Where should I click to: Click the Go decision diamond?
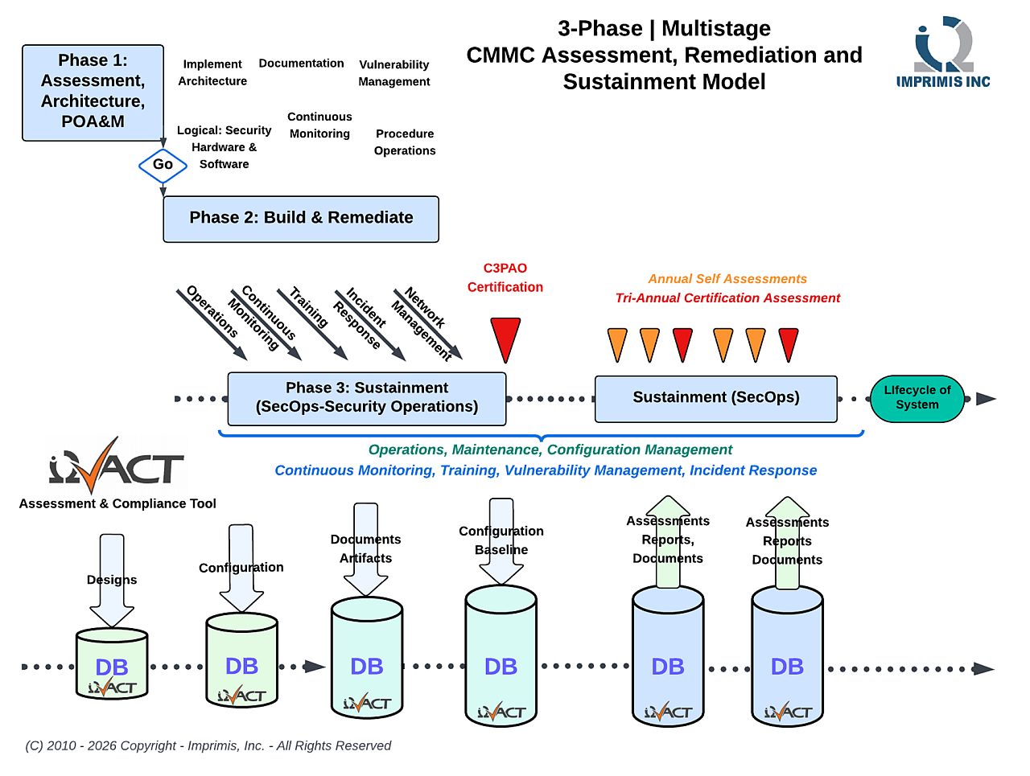pos(163,165)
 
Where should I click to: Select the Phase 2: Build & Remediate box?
pos(300,219)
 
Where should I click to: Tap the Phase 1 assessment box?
pos(93,92)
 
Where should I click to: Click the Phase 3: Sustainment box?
pos(366,398)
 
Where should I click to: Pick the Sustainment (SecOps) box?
pos(715,398)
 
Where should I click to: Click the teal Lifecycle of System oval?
pos(916,398)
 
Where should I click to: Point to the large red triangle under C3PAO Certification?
pos(505,339)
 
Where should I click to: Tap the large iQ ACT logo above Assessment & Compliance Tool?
pos(116,465)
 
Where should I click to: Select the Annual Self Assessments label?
pos(727,278)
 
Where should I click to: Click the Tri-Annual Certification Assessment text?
pos(727,298)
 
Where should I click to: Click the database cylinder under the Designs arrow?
pos(112,663)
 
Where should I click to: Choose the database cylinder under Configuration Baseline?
pos(501,655)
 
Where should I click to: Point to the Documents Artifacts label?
pos(365,548)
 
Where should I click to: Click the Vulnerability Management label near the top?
pos(393,72)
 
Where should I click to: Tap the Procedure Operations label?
pos(404,142)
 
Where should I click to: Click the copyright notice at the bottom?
pos(208,745)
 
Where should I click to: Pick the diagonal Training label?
pos(308,307)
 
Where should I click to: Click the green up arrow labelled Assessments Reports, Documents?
pos(667,541)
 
